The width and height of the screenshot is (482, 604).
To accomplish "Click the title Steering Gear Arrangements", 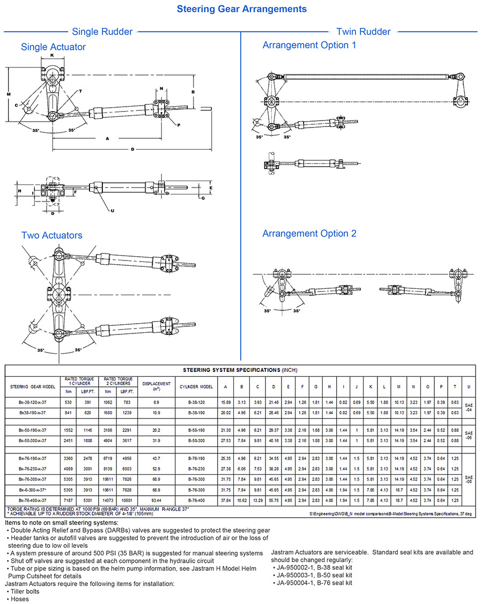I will [x=241, y=9].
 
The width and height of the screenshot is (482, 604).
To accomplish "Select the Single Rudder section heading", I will [x=102, y=32].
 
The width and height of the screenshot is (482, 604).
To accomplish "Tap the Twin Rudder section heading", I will [x=363, y=32].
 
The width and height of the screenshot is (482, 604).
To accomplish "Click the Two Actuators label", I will [x=52, y=235].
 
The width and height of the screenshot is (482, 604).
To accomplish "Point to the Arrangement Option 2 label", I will [x=309, y=234].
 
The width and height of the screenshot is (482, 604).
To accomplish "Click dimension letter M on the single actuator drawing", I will [x=9, y=94].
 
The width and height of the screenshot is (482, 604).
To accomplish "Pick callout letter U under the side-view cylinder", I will [x=112, y=210].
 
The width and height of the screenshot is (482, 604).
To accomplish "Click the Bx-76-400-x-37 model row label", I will [x=32, y=500].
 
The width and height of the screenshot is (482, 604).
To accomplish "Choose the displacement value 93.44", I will [x=156, y=500].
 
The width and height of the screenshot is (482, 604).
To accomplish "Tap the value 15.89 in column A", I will [x=226, y=401].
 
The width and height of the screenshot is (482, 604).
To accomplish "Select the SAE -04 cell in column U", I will [x=469, y=407].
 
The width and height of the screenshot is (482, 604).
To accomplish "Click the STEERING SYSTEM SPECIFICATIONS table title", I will [x=240, y=370].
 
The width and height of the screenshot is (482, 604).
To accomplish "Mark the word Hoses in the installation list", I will [x=20, y=599].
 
